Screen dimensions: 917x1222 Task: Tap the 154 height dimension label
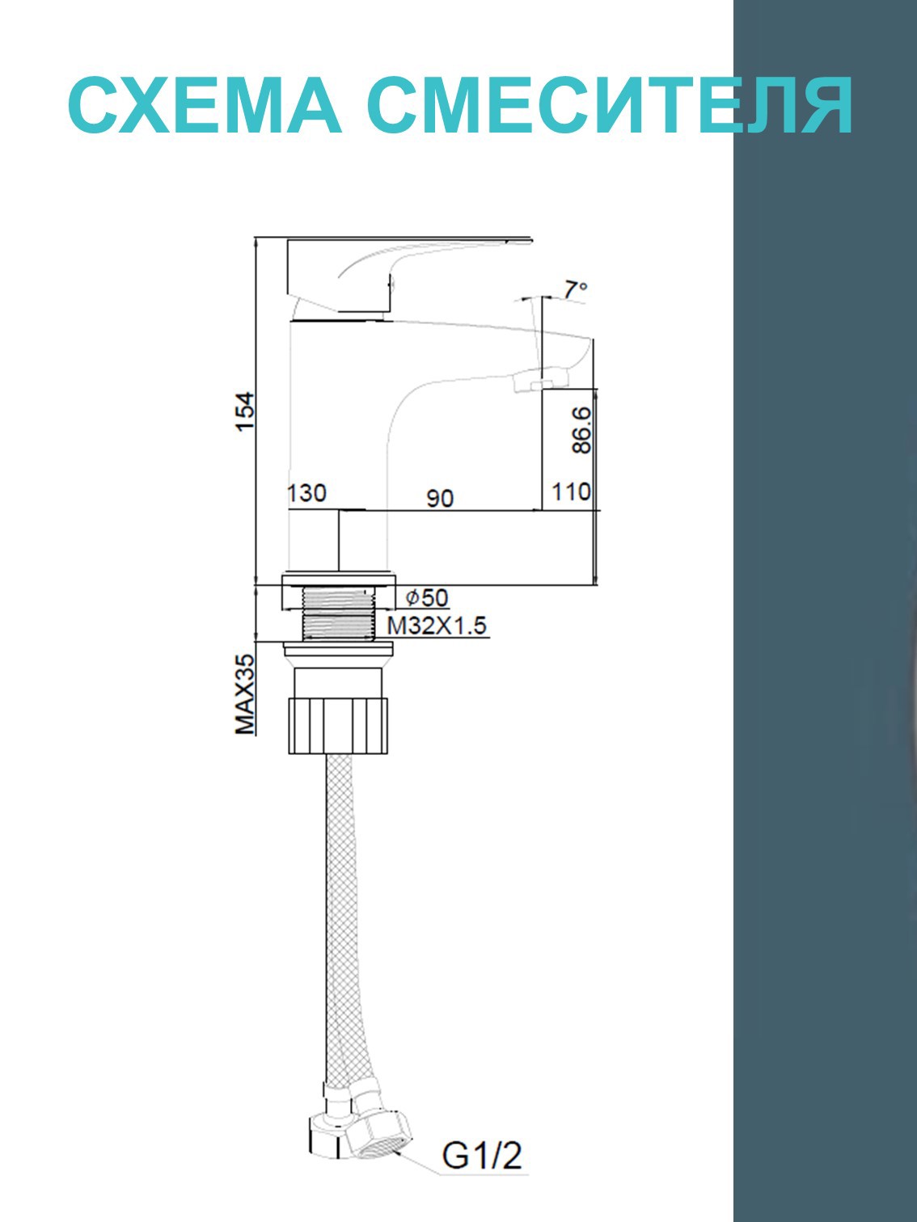[244, 411]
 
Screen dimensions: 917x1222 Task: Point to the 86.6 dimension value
[581, 430]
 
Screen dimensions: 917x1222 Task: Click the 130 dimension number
[306, 493]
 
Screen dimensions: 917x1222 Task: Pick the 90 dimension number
[440, 499]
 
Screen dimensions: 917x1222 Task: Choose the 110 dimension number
[571, 491]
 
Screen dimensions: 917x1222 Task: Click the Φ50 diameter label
[426, 598]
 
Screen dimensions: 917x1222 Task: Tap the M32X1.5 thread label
[437, 626]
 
